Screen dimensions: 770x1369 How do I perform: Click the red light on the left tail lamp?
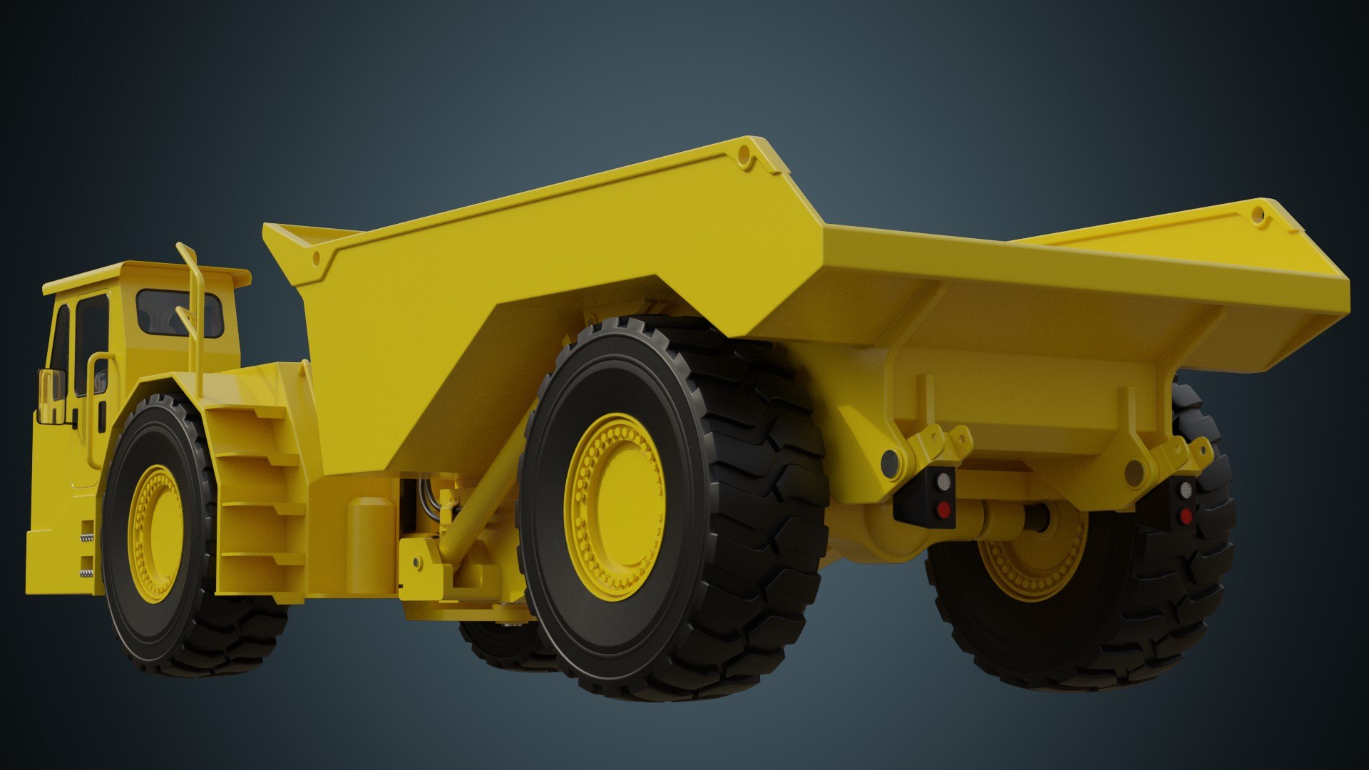[x=943, y=509]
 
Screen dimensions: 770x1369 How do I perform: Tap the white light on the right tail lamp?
[x=1186, y=490]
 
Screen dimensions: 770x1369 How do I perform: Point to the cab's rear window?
[x=180, y=312]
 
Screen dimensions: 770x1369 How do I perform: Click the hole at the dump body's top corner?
[x=746, y=155]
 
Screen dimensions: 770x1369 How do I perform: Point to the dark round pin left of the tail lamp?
[x=890, y=463]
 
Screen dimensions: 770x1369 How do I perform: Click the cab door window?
[x=91, y=342]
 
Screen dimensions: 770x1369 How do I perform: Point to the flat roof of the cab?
[x=143, y=274]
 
